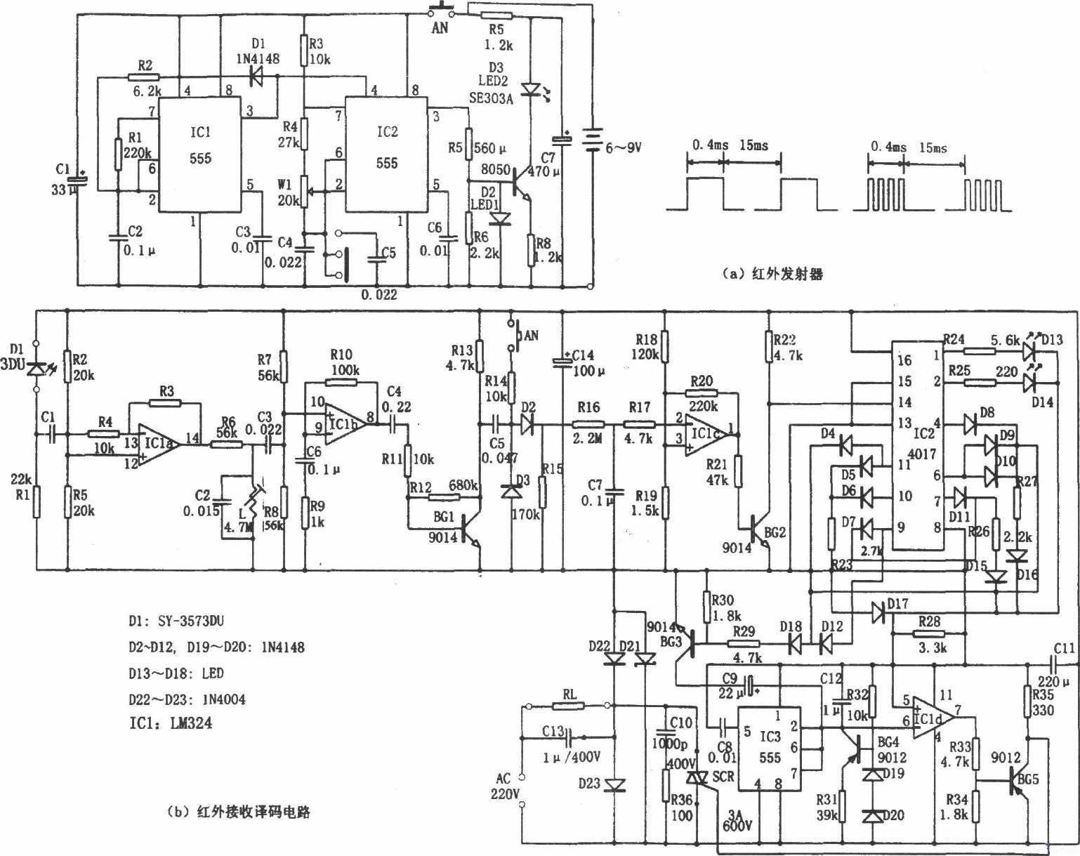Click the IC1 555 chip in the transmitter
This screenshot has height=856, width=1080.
[x=199, y=154]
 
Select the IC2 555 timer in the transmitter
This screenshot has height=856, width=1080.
[x=386, y=154]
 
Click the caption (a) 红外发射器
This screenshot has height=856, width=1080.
[x=772, y=275]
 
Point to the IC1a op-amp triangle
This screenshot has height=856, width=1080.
[x=157, y=446]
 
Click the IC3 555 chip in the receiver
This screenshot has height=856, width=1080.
[x=770, y=749]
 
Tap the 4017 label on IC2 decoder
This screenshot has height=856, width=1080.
[x=923, y=454]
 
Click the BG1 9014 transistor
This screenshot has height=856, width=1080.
[x=466, y=529]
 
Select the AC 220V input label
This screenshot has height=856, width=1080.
[x=505, y=786]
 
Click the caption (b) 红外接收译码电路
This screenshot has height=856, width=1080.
[x=239, y=812]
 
